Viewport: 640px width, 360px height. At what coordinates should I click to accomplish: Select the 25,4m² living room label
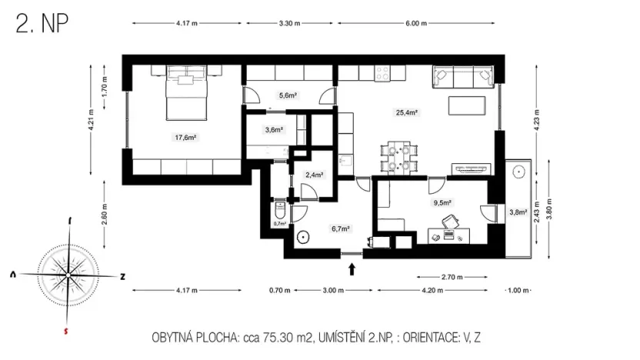point(406,112)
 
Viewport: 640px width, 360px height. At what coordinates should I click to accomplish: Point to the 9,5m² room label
point(442,204)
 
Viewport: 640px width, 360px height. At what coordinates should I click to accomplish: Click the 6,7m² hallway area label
point(341,228)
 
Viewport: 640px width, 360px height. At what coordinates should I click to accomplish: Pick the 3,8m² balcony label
point(518,212)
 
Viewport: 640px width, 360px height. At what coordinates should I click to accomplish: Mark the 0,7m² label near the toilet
point(279,224)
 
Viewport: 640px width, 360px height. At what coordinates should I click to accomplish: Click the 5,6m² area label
point(288,95)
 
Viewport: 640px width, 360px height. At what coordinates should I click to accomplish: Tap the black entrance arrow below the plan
point(352,268)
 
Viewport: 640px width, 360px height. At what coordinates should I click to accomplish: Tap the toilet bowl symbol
point(279,209)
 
